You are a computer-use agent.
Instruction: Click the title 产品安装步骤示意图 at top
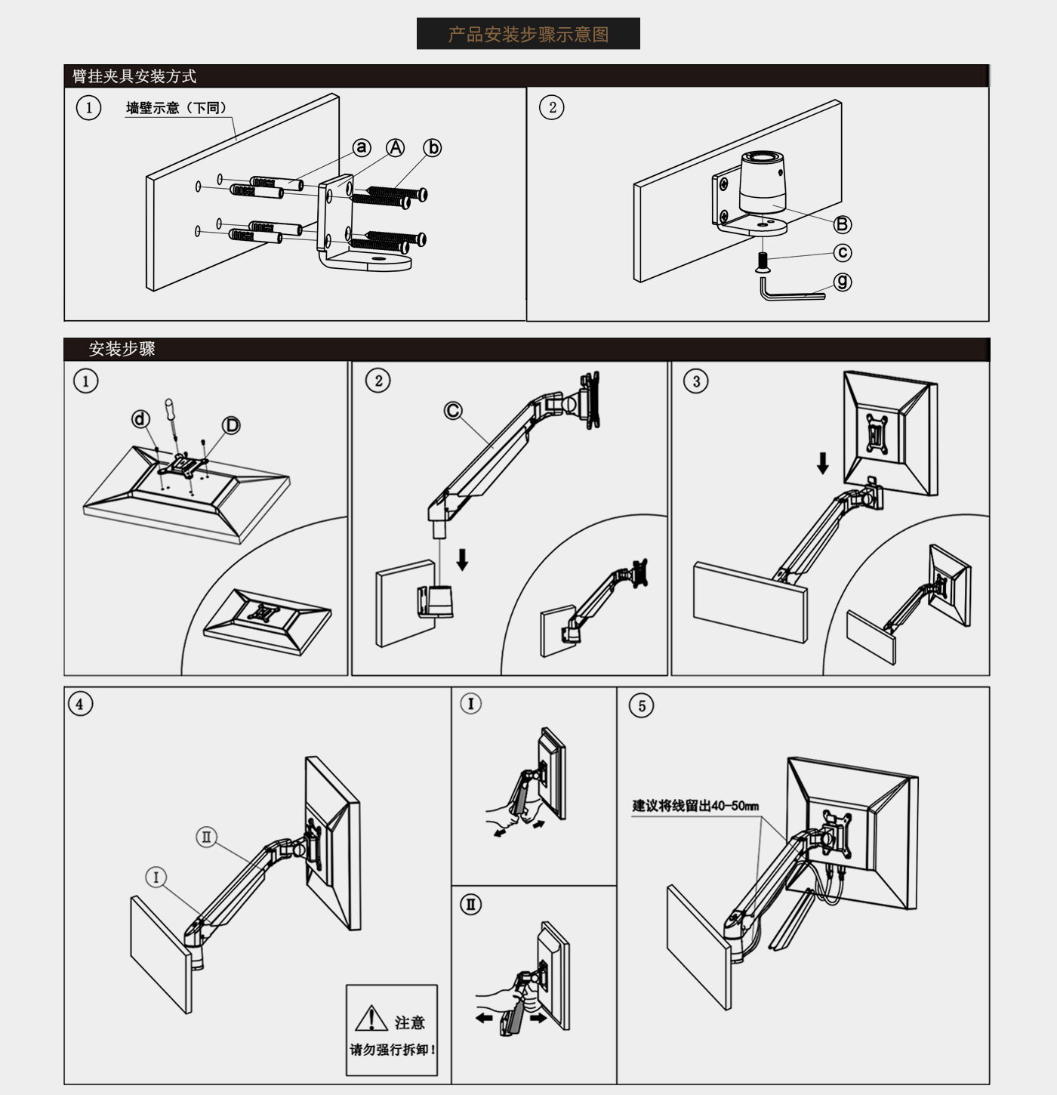(x=528, y=34)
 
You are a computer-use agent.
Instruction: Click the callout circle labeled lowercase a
(x=362, y=147)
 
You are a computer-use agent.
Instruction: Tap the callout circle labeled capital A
(x=396, y=147)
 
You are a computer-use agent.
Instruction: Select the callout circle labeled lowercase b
(x=432, y=148)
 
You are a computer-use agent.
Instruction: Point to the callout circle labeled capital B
(x=842, y=224)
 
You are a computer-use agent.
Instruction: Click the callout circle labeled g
(x=842, y=282)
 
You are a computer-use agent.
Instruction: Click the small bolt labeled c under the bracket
(x=763, y=264)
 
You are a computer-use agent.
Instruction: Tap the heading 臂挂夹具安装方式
(x=134, y=76)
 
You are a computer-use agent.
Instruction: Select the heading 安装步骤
(x=122, y=349)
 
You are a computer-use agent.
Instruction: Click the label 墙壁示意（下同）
(x=176, y=107)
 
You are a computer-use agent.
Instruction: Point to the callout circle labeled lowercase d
(x=140, y=418)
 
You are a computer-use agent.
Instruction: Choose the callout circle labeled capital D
(x=231, y=425)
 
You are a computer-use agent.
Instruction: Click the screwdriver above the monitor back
(x=172, y=420)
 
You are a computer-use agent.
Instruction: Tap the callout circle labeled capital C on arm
(x=453, y=410)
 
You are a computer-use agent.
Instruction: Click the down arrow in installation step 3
(x=822, y=463)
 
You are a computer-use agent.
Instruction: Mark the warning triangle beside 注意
(x=371, y=1019)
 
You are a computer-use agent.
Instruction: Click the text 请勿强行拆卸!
(x=393, y=1050)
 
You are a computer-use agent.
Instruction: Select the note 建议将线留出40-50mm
(x=695, y=806)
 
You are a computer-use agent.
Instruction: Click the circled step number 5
(x=641, y=705)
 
